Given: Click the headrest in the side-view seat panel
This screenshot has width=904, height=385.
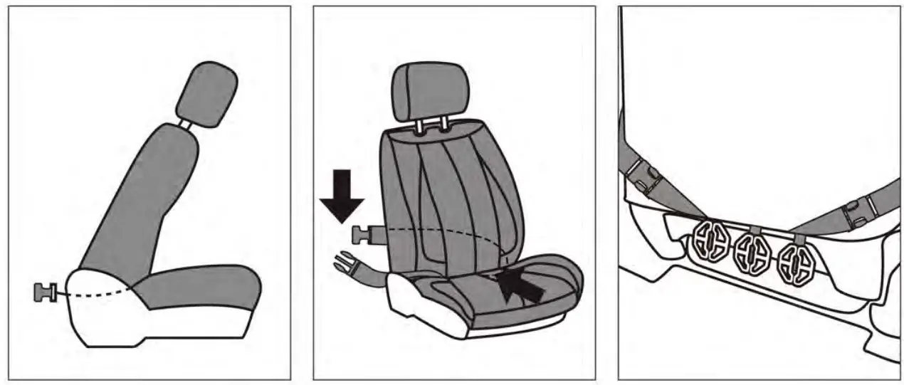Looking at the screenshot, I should coord(206,94).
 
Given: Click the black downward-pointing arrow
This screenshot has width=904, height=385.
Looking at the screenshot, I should coord(342,195).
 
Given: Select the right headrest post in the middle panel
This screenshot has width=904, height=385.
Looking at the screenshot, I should coord(443,125).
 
